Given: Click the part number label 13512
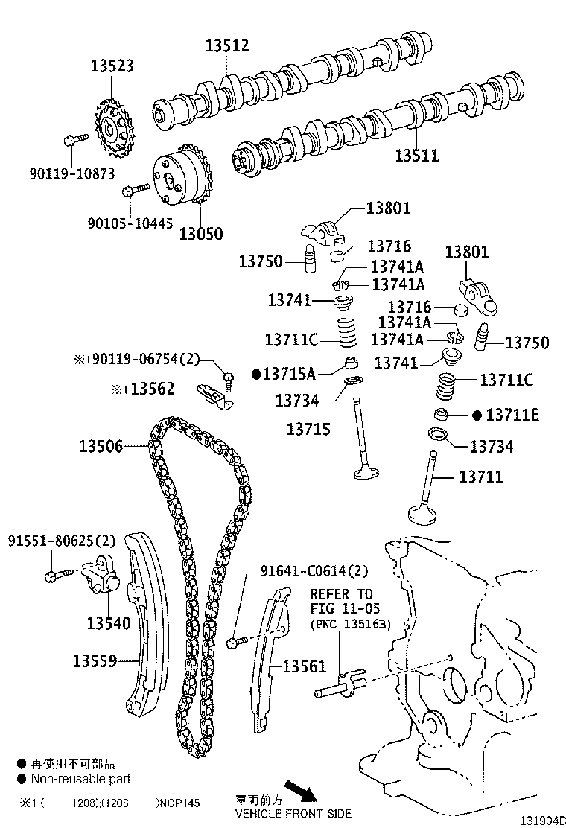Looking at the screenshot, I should point(227,46).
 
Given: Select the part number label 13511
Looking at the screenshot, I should point(416,155).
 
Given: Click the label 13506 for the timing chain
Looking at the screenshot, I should point(101,446).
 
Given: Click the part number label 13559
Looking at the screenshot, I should point(95,660).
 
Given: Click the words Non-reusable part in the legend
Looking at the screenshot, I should point(80,779).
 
